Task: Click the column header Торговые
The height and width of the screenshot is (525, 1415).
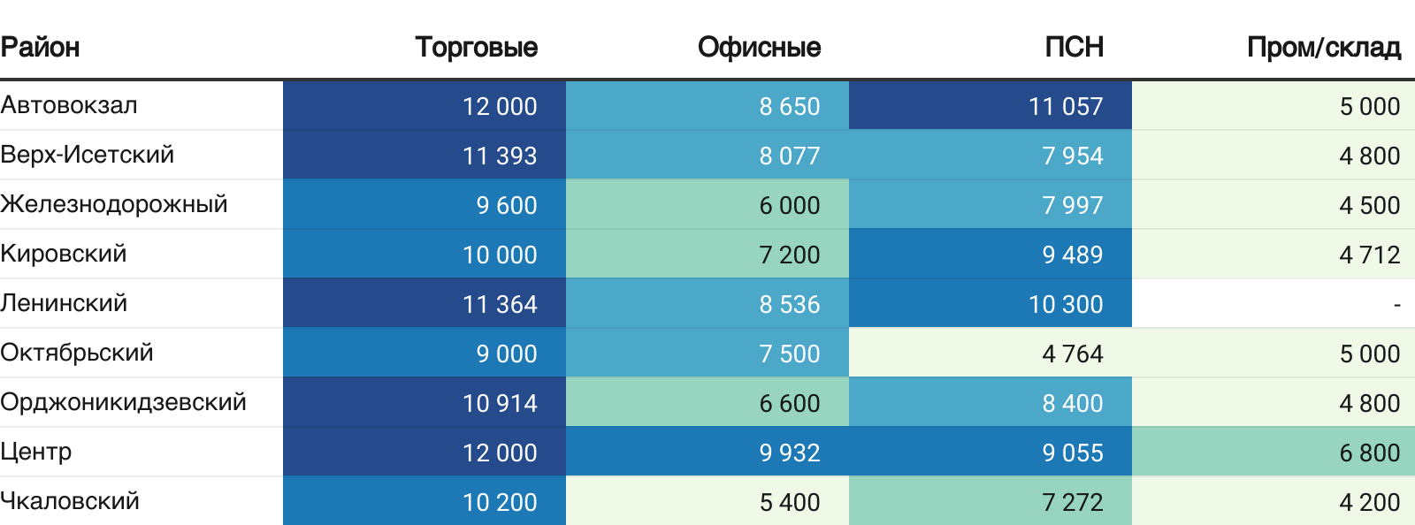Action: [476, 47]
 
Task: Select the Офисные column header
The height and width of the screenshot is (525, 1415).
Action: [759, 47]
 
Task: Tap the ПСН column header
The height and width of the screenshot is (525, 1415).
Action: [1074, 47]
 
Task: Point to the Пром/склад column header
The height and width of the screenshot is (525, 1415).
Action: [1323, 47]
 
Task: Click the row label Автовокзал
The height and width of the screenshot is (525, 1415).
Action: [69, 105]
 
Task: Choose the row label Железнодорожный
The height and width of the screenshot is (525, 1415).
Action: [114, 204]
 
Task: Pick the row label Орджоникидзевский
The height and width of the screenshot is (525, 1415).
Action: [123, 402]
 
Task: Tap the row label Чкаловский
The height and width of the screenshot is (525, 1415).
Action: [70, 501]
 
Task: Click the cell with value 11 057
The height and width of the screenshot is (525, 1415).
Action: [1065, 106]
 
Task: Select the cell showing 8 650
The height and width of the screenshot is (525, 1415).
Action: [789, 106]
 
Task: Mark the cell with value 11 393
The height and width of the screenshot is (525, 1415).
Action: [500, 156]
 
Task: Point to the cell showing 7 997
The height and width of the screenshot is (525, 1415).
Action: [1072, 205]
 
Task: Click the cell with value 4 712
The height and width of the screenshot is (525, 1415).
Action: [1369, 255]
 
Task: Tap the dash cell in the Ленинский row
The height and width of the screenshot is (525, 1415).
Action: [1396, 304]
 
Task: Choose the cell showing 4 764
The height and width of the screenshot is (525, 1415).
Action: [1072, 354]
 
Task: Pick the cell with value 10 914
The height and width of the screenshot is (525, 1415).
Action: [500, 403]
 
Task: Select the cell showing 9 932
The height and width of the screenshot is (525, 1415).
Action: [789, 453]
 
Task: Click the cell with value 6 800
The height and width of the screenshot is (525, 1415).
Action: [1369, 453]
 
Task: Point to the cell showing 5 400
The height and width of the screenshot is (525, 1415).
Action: [789, 502]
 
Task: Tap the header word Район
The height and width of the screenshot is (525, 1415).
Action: [40, 47]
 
